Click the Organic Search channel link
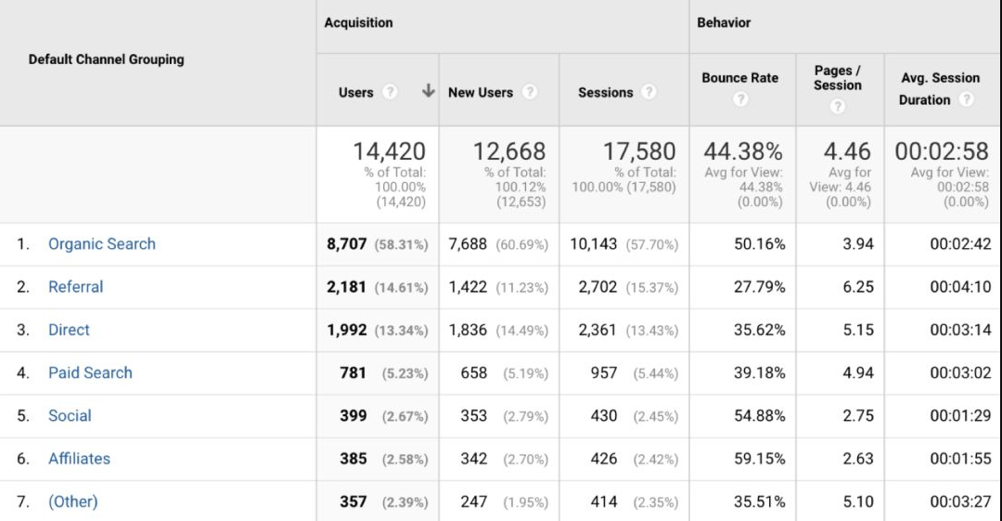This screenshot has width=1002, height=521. (102, 244)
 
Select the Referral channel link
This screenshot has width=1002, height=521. (76, 287)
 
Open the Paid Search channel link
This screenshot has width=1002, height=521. (90, 372)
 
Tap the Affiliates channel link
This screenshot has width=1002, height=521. (79, 459)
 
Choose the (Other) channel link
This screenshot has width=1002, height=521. (72, 501)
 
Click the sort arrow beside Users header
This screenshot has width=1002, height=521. (428, 91)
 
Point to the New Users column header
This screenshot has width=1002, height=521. (481, 92)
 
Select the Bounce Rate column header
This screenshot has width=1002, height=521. (739, 78)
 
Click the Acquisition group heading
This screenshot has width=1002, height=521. (358, 22)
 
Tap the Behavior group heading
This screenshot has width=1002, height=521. (724, 22)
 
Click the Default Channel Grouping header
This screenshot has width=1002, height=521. (106, 59)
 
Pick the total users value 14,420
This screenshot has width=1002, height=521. (389, 151)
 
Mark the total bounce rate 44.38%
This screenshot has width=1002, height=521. (742, 151)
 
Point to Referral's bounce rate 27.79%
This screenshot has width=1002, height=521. (759, 287)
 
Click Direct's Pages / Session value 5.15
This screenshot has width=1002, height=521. (858, 330)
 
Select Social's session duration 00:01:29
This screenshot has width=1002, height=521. (959, 416)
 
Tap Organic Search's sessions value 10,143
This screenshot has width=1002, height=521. (593, 244)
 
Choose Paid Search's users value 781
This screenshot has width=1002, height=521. (353, 372)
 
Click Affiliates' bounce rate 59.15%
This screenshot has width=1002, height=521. (759, 459)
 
